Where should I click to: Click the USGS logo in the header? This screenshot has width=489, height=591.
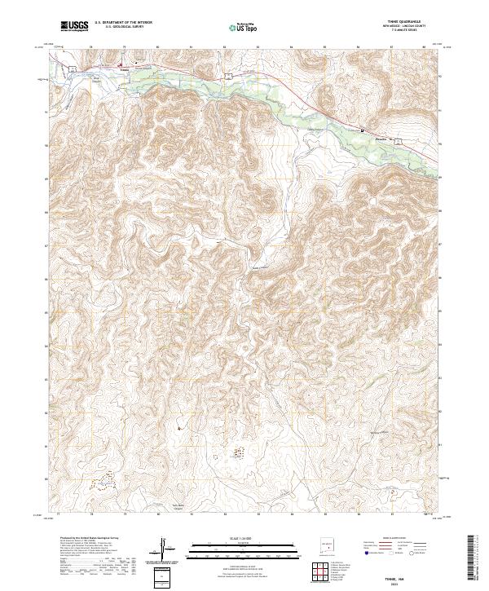(x=75, y=27)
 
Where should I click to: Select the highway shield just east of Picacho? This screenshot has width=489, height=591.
(x=400, y=141)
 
